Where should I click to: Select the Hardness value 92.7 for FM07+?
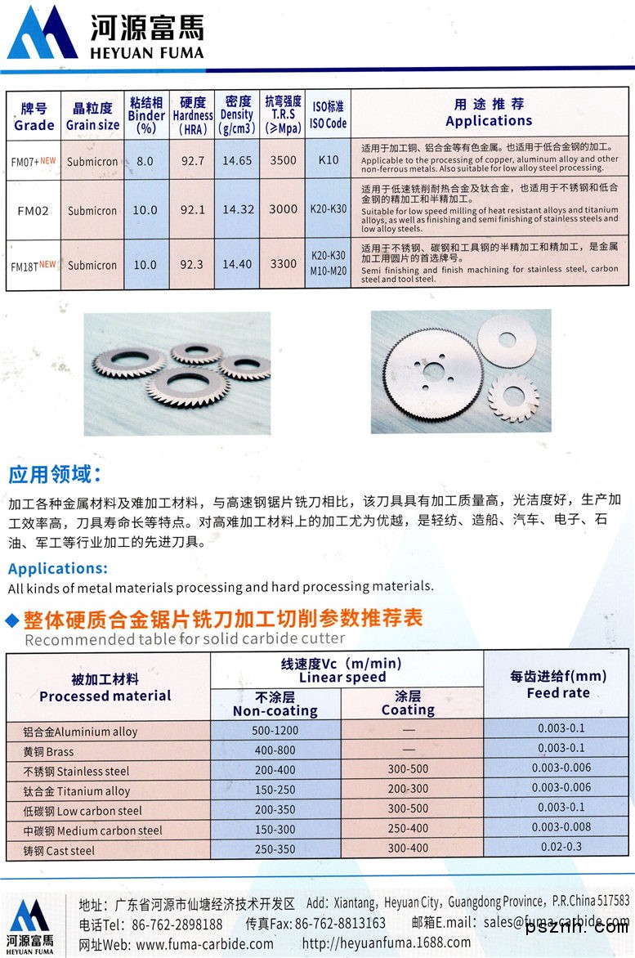click(x=193, y=160)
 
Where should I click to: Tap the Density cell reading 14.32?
click(x=238, y=209)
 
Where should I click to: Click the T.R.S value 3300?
click(x=283, y=264)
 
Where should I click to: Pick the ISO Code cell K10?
click(x=329, y=160)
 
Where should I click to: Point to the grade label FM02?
click(x=34, y=210)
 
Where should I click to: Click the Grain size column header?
click(x=92, y=117)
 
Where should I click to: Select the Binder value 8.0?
click(x=145, y=161)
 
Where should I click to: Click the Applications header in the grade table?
click(x=489, y=114)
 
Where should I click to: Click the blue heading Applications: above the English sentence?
click(x=57, y=568)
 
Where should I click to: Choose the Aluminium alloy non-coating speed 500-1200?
click(x=275, y=730)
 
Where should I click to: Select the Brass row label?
click(x=50, y=751)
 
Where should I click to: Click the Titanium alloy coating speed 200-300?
click(x=408, y=789)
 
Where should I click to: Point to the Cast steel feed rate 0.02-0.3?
click(x=561, y=847)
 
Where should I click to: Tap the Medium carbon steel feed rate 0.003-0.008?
click(x=561, y=827)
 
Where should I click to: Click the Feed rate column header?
click(x=558, y=684)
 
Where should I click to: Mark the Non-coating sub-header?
click(x=275, y=704)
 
